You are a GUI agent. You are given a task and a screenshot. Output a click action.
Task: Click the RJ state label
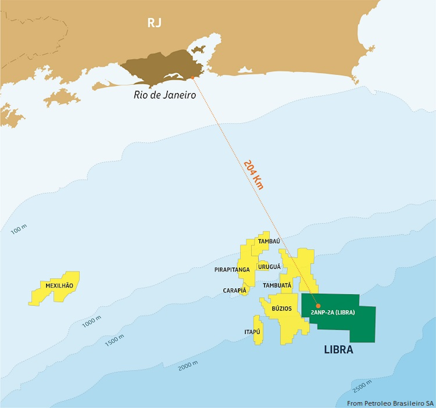tap(154, 23)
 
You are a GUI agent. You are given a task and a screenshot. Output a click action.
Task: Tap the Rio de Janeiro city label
tap(165, 95)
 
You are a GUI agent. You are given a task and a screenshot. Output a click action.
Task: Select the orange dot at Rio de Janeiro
tap(193, 77)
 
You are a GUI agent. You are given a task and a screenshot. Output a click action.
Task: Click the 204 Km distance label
tap(254, 174)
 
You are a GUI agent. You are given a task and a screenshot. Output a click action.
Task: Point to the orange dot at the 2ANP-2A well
tap(318, 306)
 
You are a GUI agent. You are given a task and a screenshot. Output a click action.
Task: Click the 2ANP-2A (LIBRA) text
tap(333, 312)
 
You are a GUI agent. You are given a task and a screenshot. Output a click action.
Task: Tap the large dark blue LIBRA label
tap(338, 350)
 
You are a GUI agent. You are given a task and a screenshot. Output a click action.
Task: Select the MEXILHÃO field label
tap(59, 286)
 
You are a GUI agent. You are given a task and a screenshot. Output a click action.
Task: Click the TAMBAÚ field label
tap(269, 241)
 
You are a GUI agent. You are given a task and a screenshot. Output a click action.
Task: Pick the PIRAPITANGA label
tap(232, 270)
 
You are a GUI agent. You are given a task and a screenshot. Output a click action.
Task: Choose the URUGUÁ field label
tap(269, 267)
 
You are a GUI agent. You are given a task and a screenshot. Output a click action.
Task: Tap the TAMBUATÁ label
tap(277, 286)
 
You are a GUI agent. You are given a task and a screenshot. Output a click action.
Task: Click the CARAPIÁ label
tap(234, 291)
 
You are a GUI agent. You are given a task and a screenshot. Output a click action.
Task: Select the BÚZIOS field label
tap(282, 308)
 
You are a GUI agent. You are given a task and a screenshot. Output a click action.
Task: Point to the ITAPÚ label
tap(252, 332)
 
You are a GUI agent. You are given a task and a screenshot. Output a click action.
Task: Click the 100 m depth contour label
tap(19, 229)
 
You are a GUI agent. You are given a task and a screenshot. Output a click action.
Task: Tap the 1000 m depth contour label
tap(92, 322)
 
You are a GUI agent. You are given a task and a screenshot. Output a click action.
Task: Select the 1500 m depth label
tap(114, 340)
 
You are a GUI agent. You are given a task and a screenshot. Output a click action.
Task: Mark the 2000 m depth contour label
tap(188, 366)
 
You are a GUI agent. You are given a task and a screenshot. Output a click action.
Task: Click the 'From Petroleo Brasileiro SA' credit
tap(390, 403)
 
